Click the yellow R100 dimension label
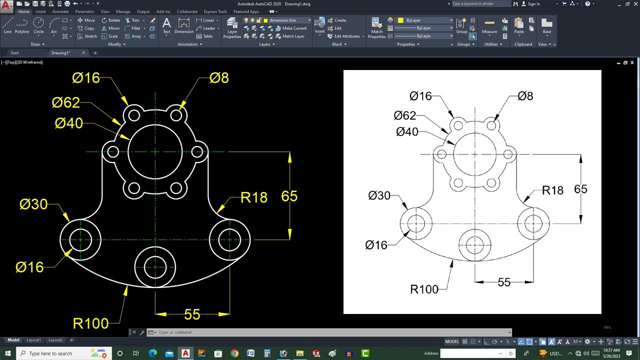pos(90,323)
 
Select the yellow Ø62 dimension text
pos(65,102)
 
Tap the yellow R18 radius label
pos(253,197)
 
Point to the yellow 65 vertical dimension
pos(289,196)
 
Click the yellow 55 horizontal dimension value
pos(192,314)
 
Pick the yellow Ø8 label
pos(219,77)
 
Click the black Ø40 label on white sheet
pos(407,132)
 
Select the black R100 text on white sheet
pos(424,289)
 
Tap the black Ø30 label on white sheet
pos(379,195)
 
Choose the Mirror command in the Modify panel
pos(111,28)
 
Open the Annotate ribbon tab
pos(60,11)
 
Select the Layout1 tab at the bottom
pos(34,340)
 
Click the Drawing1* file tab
pos(61,52)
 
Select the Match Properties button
pos(376,27)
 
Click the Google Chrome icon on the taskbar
pos(234,353)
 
